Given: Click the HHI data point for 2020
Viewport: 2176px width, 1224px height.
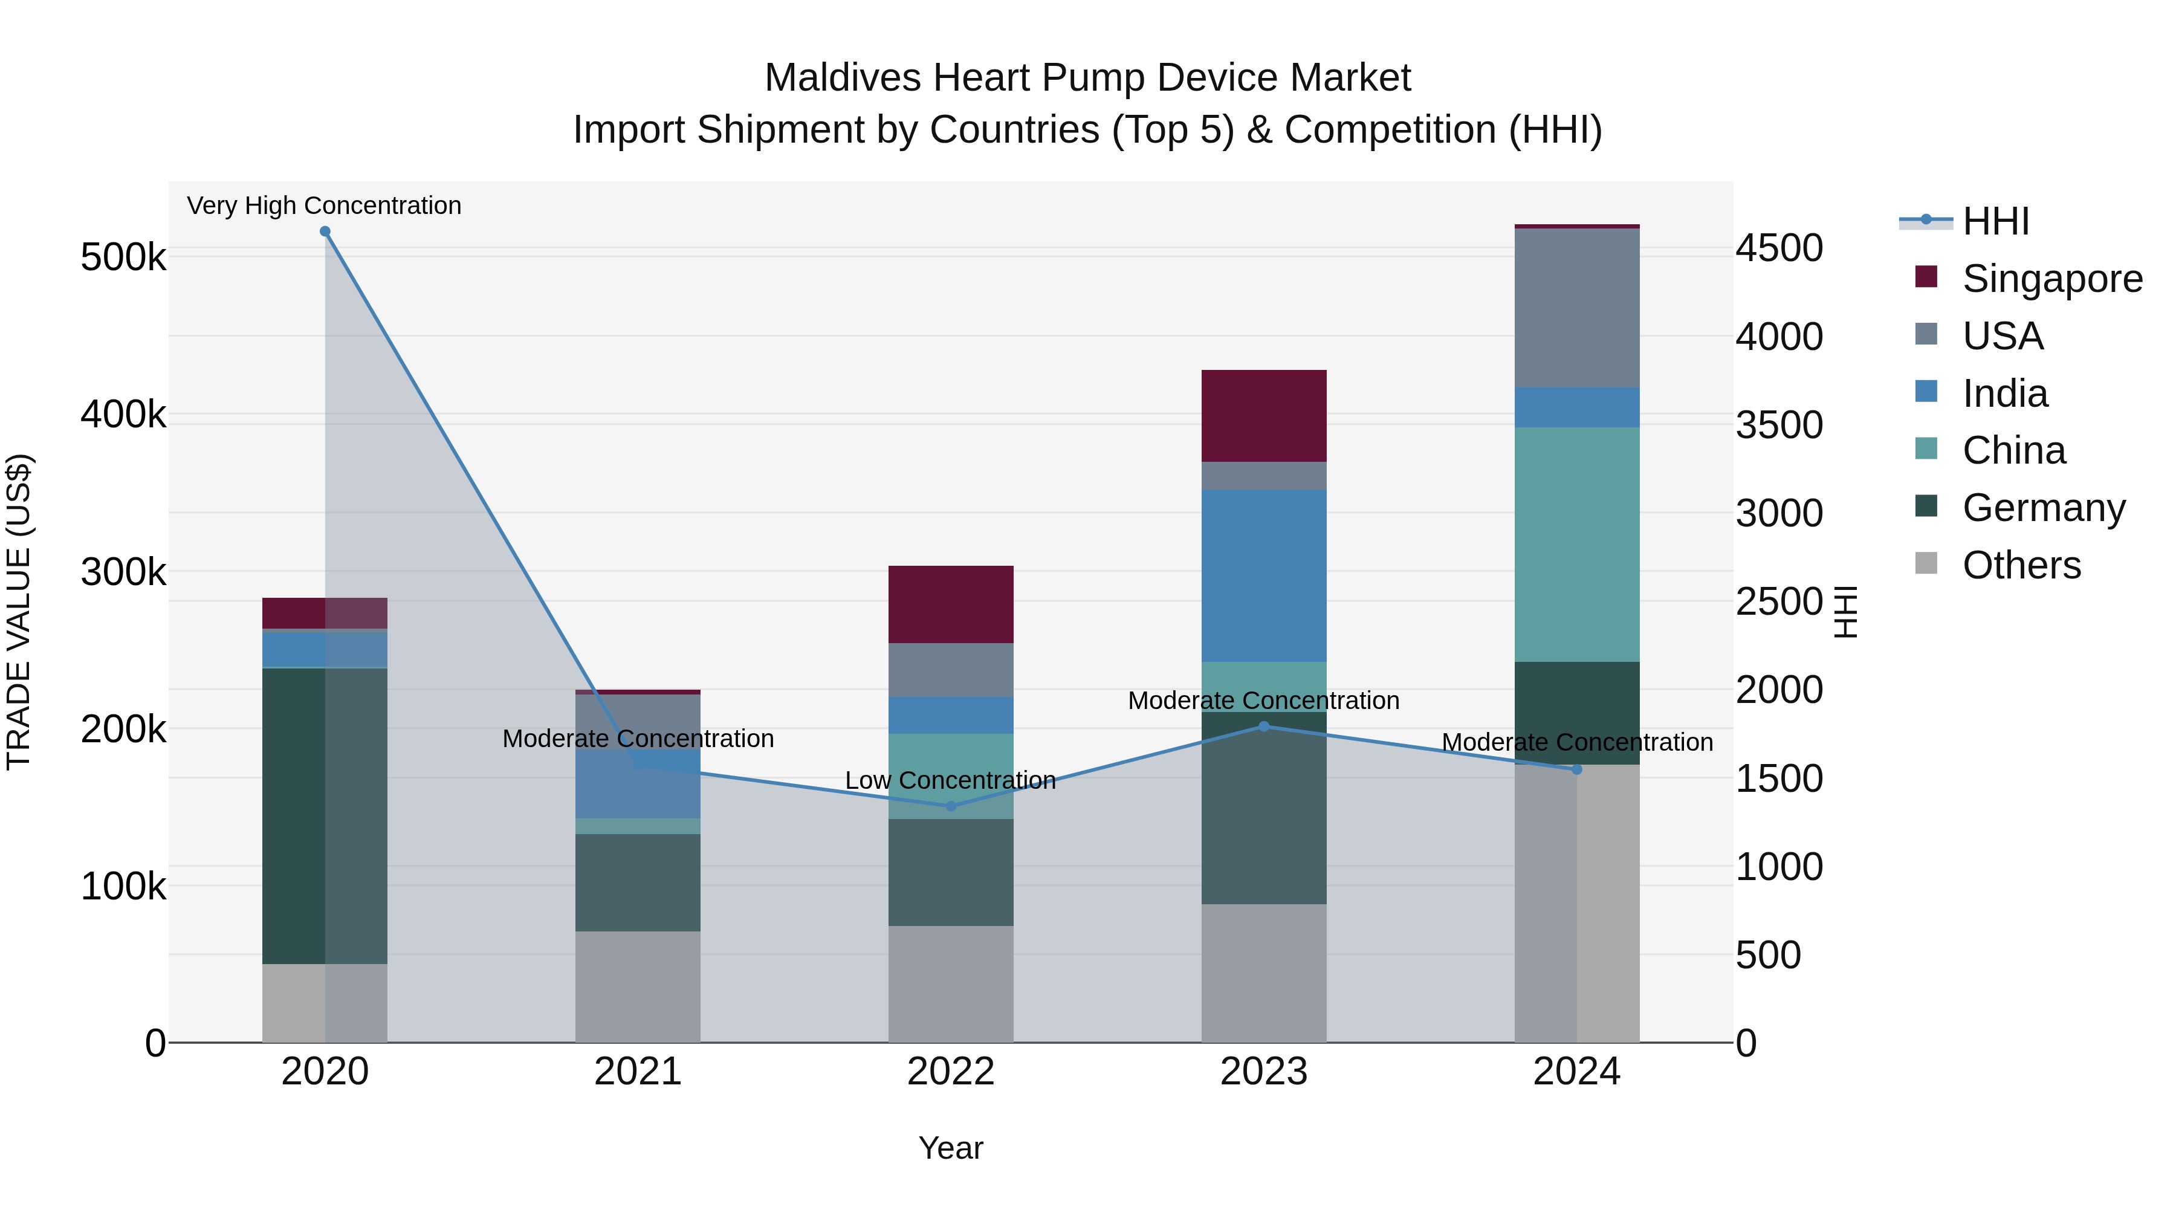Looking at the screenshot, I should pyautogui.click(x=325, y=232).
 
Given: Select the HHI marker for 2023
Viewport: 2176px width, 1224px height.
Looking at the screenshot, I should pyautogui.click(x=1264, y=727).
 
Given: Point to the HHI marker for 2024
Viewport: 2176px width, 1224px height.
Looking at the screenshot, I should pyautogui.click(x=1576, y=769).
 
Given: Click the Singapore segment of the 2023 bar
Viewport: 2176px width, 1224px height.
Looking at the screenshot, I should pyautogui.click(x=1264, y=416).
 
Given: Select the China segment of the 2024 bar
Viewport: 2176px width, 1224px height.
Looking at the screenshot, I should pyautogui.click(x=1576, y=544).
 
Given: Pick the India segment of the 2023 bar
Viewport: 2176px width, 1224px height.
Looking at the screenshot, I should pyautogui.click(x=1264, y=575).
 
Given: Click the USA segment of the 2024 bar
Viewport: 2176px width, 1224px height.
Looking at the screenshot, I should pyautogui.click(x=1576, y=308).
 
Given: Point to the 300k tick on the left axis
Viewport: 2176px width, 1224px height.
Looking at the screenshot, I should pyautogui.click(x=123, y=572).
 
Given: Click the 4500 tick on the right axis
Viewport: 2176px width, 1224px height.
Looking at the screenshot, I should pyautogui.click(x=1779, y=248).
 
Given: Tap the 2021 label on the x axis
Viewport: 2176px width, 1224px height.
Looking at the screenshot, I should pyautogui.click(x=638, y=1072).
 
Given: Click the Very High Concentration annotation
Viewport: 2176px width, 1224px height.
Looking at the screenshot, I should pyautogui.click(x=325, y=206).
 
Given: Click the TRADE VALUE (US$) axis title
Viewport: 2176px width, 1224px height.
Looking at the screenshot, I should pyautogui.click(x=19, y=612).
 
